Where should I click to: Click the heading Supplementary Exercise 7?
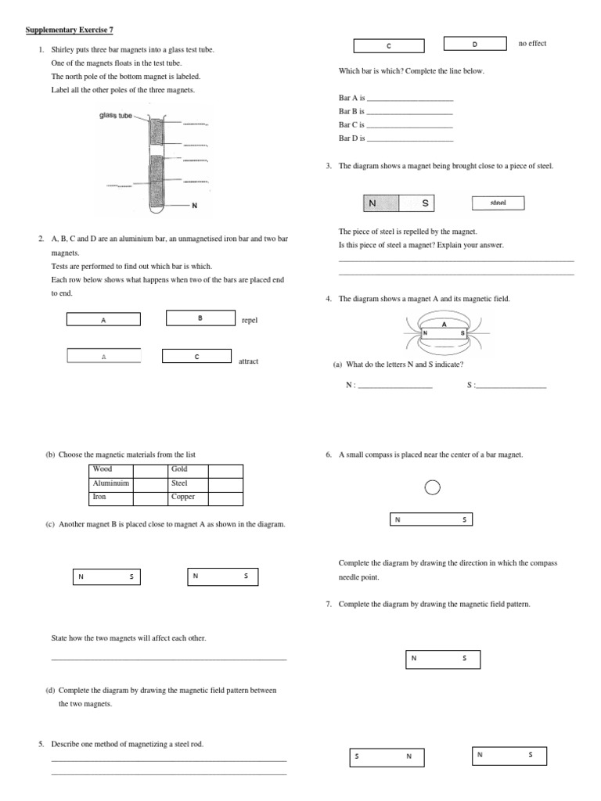[x=69, y=30]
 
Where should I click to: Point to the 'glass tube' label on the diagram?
[x=115, y=116]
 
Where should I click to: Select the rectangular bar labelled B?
[x=200, y=318]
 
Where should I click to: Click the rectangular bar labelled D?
[x=474, y=44]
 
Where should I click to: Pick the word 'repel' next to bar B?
[x=249, y=320]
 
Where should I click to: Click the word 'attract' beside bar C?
[x=248, y=361]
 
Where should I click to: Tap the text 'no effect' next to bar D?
[x=532, y=44]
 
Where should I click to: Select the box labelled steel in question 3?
[x=498, y=203]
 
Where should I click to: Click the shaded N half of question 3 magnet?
[x=381, y=203]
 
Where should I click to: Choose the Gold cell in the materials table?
[x=188, y=469]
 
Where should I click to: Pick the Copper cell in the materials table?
[x=188, y=497]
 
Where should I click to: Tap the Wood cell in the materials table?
[x=110, y=469]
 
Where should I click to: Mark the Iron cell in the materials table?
[x=110, y=497]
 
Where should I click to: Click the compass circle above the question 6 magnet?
[x=432, y=488]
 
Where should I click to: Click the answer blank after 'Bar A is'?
[x=410, y=99]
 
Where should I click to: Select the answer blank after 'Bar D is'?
[x=410, y=138]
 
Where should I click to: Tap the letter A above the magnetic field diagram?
[x=444, y=324]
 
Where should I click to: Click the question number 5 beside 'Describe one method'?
[x=41, y=744]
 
